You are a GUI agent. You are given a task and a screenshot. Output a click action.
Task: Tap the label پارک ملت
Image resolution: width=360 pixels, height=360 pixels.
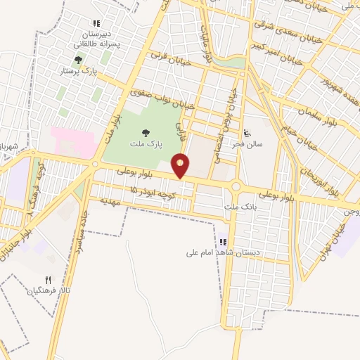(x=146, y=143)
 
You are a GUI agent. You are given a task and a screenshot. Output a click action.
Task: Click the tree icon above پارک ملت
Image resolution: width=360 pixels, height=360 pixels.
(x=146, y=132)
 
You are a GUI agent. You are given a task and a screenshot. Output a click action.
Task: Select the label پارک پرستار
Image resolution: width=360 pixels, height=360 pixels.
(x=79, y=71)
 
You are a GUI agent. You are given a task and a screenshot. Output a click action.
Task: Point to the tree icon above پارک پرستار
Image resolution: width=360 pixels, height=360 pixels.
(x=78, y=60)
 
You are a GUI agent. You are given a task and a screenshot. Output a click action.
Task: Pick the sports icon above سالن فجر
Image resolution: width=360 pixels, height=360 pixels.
(x=246, y=133)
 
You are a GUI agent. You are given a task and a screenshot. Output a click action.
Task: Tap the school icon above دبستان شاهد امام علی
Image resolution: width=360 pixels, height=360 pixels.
(x=223, y=241)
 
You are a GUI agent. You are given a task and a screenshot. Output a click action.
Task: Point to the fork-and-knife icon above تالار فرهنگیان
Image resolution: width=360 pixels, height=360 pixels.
(x=49, y=279)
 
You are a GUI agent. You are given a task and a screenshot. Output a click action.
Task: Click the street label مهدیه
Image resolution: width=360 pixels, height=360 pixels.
(x=112, y=201)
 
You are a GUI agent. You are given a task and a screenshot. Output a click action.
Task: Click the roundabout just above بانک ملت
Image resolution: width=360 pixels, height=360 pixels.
(x=236, y=187)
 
